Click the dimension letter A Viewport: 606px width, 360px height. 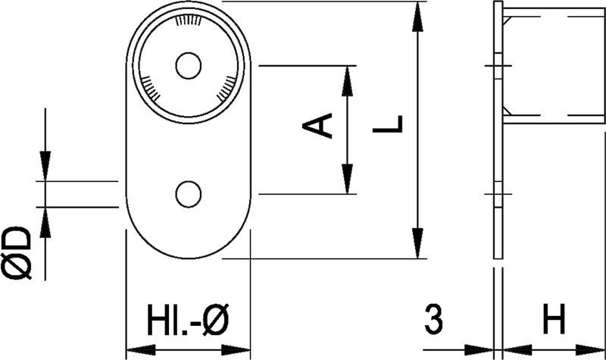(317, 125)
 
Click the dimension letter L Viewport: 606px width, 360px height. (388, 124)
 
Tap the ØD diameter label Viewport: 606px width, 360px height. (17, 253)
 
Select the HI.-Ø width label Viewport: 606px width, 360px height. (188, 320)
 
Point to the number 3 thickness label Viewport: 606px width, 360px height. (433, 319)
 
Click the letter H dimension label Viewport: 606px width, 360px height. (554, 319)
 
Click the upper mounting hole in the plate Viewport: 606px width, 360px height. (188, 66)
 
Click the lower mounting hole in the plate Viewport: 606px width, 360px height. (188, 194)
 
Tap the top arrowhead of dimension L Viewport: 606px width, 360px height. (417, 16)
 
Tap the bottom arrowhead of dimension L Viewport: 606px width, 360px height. (417, 243)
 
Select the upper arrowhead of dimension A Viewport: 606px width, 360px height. (348, 81)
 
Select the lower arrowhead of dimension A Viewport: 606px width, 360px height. (348, 179)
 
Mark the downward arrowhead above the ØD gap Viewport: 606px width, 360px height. (45, 166)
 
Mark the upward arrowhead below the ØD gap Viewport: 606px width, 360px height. (45, 222)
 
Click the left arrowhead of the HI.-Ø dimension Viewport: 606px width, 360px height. (142, 351)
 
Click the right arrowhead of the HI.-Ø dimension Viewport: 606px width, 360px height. (236, 351)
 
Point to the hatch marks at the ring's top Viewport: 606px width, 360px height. (188, 20)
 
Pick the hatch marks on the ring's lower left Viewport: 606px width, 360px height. (150, 87)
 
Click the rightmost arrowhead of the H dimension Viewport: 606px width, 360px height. (591, 350)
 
